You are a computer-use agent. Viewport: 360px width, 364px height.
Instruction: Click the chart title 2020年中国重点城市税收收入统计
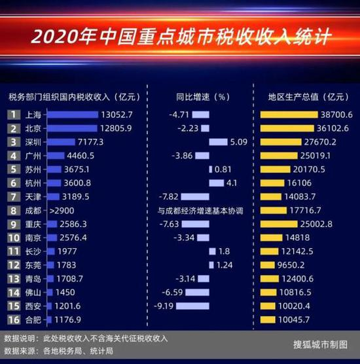point(180,33)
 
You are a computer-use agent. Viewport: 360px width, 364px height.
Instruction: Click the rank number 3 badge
point(12,141)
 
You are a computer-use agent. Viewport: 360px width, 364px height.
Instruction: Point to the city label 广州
point(33,156)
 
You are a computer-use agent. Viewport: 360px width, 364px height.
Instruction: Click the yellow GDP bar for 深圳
point(288,141)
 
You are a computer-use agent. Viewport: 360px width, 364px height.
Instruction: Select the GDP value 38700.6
point(335,114)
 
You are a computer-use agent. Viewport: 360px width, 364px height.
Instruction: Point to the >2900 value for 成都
point(63,211)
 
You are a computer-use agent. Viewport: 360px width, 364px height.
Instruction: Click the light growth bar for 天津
point(196,196)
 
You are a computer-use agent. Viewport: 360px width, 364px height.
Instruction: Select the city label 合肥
point(33,319)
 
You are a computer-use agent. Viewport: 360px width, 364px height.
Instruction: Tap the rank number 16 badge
point(12,319)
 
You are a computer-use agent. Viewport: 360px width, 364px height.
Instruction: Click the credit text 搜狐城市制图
point(321,344)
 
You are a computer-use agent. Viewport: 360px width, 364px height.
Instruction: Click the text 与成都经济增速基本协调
point(200,211)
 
